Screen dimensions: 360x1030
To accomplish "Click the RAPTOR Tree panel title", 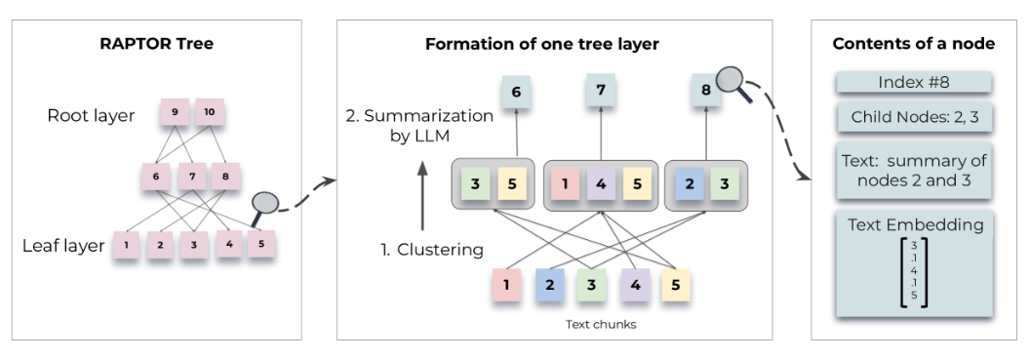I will coord(157,45).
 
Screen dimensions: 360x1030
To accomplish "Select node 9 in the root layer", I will coord(176,113).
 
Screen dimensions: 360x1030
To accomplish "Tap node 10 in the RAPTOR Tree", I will coord(210,113).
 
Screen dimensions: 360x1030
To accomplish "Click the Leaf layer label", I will coord(62,246).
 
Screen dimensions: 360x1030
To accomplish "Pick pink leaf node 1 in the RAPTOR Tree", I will coord(126,244).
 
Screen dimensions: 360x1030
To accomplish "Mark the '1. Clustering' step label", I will coord(431,250).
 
